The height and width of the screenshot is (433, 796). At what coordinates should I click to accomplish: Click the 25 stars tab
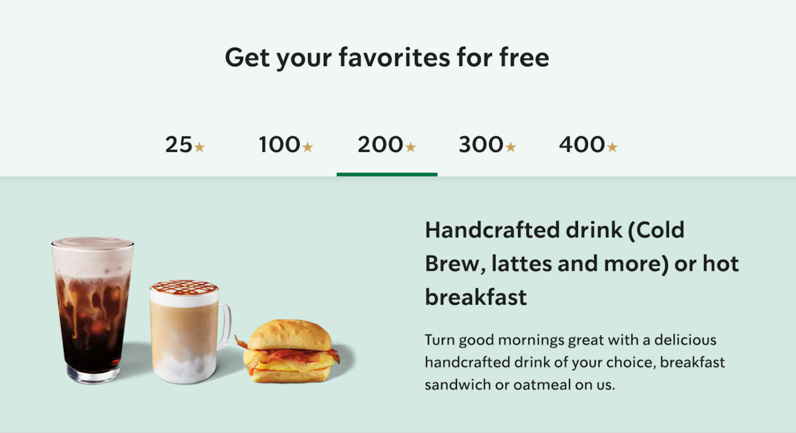(x=185, y=144)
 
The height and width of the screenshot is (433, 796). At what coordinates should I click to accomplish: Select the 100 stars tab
(x=285, y=144)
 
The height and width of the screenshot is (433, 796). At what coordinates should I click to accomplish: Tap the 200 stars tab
(x=387, y=144)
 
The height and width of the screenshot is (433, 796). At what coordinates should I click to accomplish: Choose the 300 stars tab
(x=487, y=144)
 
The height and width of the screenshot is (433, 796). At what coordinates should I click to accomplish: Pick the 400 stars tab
(x=588, y=144)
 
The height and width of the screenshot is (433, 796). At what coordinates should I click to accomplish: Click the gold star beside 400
(x=612, y=147)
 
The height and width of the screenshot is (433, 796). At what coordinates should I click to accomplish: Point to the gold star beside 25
(x=200, y=147)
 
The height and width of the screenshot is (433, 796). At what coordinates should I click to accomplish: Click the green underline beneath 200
(x=387, y=174)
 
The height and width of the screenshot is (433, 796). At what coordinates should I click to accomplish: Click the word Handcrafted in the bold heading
(x=492, y=230)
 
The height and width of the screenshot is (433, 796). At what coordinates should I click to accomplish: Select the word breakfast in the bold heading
(x=476, y=297)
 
